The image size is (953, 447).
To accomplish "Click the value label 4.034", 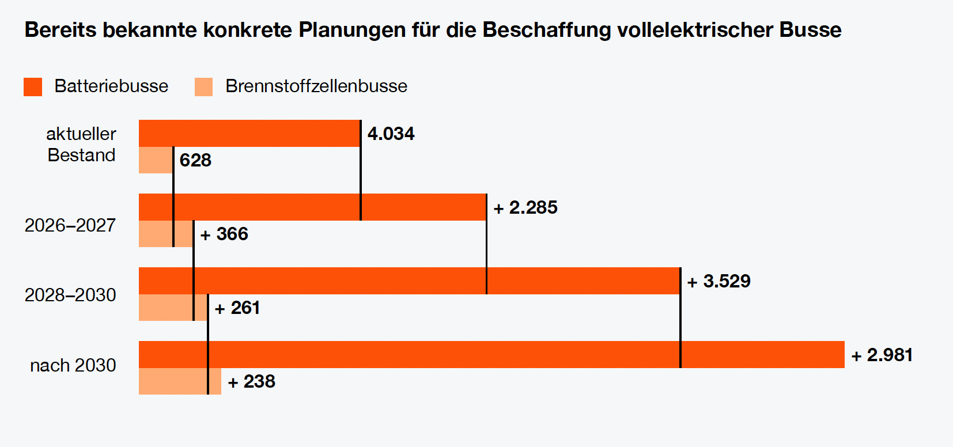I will [391, 134].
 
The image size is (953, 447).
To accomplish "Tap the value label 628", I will [195, 160].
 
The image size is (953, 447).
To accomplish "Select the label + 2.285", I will [525, 207].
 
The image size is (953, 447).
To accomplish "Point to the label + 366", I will [224, 234].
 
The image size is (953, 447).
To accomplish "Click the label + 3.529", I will [719, 281].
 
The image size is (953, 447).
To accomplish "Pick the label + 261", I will [237, 308].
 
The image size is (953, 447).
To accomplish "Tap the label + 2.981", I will [882, 355].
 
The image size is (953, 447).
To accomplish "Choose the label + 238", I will [252, 381].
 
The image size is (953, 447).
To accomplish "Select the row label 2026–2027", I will [70, 225].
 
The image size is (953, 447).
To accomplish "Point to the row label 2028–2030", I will [70, 295].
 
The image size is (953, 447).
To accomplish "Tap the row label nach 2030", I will [73, 365].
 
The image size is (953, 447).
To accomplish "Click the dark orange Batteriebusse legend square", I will [33, 87].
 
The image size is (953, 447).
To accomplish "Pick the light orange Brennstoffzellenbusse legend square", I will [203, 87].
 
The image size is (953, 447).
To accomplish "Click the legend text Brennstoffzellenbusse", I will [316, 86].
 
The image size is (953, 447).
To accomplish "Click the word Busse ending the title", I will [810, 30].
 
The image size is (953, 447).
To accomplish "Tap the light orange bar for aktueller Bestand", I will [156, 160].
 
